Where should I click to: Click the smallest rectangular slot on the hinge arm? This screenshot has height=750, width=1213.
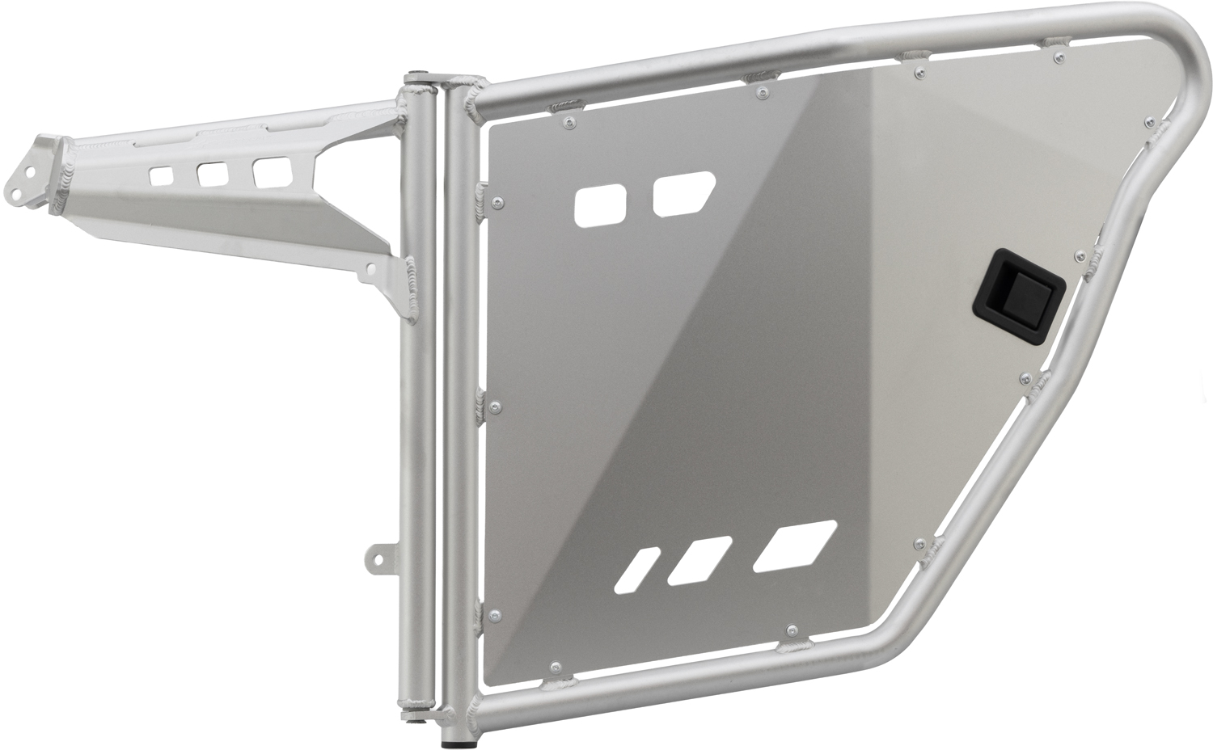tap(161, 175)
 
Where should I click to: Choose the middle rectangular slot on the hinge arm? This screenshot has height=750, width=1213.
tap(213, 172)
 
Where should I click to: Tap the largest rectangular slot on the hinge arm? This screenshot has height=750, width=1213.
tap(272, 171)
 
